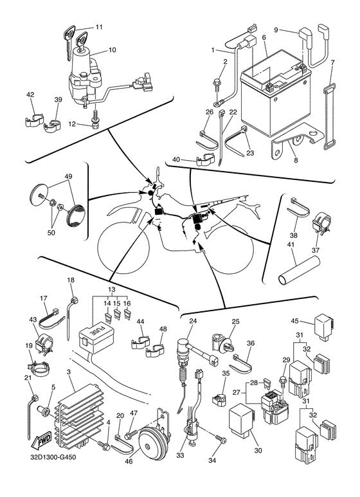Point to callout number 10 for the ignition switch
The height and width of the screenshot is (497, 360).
pos(113,50)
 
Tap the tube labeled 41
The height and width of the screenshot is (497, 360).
pos(299,269)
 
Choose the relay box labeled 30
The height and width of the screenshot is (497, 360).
pos(242,418)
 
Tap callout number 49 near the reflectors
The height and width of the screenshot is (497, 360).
pos(69,177)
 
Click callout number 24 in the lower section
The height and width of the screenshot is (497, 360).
pos(193,321)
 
